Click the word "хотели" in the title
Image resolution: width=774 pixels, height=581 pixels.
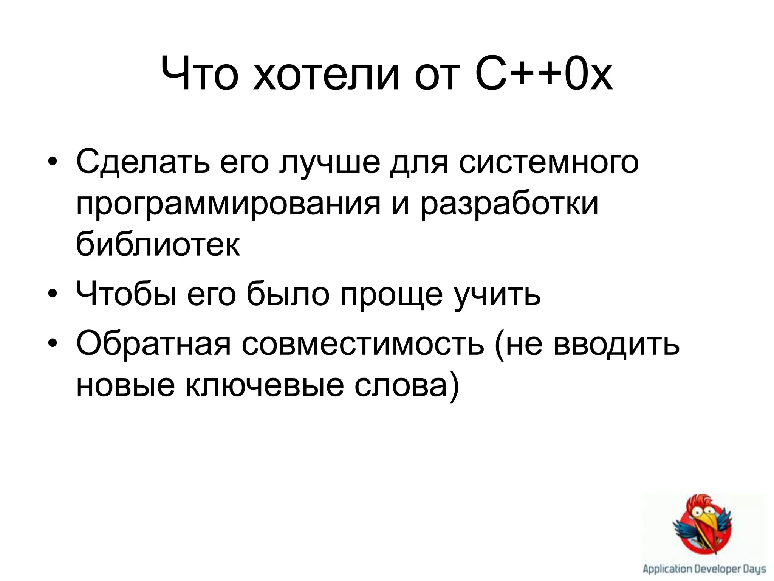[326, 74]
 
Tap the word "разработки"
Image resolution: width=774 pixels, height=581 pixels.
[509, 204]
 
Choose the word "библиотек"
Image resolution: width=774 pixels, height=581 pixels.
[158, 244]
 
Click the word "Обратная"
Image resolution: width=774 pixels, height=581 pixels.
[153, 344]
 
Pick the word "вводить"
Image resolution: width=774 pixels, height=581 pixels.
[616, 344]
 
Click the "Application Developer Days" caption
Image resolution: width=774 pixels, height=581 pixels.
[704, 569]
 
